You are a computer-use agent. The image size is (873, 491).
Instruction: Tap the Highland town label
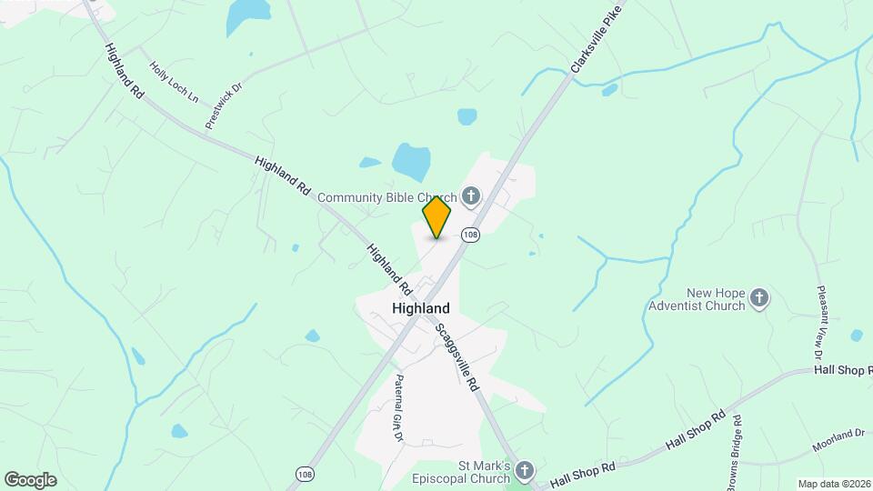click(x=420, y=308)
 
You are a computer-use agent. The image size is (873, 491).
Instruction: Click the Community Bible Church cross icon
click(x=471, y=195)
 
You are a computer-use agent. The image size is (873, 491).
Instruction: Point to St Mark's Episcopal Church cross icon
click(x=524, y=470)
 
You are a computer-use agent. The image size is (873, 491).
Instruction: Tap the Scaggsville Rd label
click(x=457, y=357)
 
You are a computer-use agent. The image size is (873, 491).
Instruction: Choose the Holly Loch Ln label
click(x=174, y=81)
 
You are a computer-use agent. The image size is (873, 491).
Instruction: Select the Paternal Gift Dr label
click(x=398, y=406)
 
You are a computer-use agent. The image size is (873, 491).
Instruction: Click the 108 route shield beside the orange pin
click(x=469, y=235)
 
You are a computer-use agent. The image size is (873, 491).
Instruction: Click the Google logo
click(x=30, y=480)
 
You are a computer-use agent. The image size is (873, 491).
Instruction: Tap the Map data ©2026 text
click(x=834, y=484)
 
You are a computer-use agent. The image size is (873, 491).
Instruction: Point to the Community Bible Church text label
click(x=386, y=196)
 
